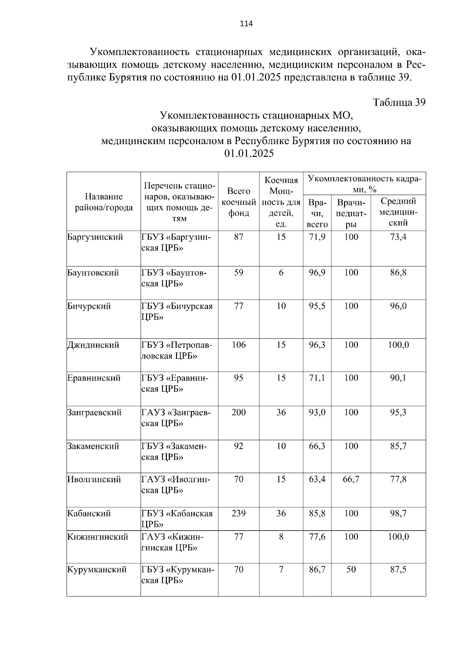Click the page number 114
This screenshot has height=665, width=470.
246,24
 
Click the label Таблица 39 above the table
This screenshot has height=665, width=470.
399,103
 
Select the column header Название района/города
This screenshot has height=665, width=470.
104,202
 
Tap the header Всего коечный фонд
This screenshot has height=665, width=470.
239,202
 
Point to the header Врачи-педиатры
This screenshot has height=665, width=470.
351,213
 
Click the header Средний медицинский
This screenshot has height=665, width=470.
398,212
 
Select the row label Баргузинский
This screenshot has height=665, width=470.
95,237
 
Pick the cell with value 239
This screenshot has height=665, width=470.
239,513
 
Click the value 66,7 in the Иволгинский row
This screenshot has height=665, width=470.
351,479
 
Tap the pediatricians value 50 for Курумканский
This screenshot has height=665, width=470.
351,569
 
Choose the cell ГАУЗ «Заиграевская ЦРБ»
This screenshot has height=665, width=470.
176,418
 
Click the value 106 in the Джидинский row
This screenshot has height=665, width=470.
239,345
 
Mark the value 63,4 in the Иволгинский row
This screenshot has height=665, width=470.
317,479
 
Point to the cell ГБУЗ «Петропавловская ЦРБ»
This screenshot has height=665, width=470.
176,351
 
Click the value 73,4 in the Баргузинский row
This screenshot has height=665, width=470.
398,237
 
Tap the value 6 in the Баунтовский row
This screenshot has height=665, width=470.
281,273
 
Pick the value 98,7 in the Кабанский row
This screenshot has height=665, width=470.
398,513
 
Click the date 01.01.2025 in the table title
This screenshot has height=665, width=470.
249,154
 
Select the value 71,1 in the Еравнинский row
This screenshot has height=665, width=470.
317,378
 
